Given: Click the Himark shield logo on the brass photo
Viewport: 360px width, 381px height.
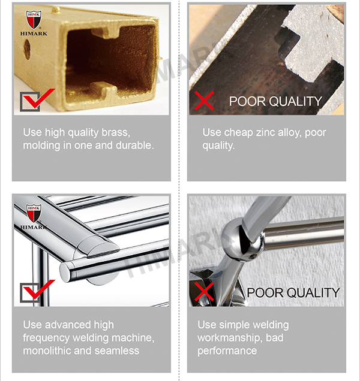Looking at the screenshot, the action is pyautogui.click(x=34, y=19).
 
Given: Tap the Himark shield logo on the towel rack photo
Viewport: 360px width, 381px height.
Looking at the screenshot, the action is pyautogui.click(x=34, y=213).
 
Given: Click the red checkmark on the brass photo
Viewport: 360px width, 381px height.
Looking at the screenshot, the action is pyautogui.click(x=38, y=98).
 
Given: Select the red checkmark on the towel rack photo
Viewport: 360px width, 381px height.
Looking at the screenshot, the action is pyautogui.click(x=38, y=289).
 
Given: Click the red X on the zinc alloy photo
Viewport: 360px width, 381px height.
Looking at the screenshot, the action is pyautogui.click(x=204, y=101).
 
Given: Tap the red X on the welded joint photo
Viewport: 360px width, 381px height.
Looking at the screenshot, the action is pyautogui.click(x=204, y=291).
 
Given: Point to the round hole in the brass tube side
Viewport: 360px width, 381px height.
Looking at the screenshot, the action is pyautogui.click(x=27, y=49).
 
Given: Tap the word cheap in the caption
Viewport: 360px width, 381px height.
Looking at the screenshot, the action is pyautogui.click(x=239, y=133).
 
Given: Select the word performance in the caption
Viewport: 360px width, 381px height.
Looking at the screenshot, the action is pyautogui.click(x=227, y=351).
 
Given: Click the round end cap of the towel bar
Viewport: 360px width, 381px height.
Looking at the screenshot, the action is pyautogui.click(x=65, y=272).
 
